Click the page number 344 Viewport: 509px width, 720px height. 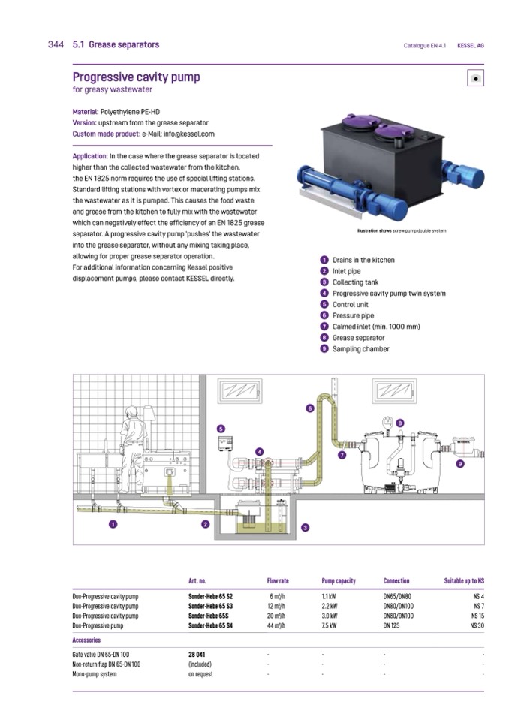point(56,45)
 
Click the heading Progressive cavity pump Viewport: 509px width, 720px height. point(136,77)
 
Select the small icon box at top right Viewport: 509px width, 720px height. point(474,77)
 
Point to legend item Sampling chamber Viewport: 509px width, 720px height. point(361,349)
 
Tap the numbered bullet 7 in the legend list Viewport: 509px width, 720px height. point(324,327)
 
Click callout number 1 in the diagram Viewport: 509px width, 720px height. point(112,523)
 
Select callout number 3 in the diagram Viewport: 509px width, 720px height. point(306,528)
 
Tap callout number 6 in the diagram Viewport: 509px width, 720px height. point(309,408)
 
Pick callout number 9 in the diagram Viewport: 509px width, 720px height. point(459,465)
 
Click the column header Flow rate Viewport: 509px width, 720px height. point(278,581)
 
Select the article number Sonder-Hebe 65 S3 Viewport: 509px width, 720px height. point(210,605)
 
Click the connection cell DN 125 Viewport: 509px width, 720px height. point(392,625)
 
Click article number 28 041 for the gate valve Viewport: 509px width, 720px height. point(197,655)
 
